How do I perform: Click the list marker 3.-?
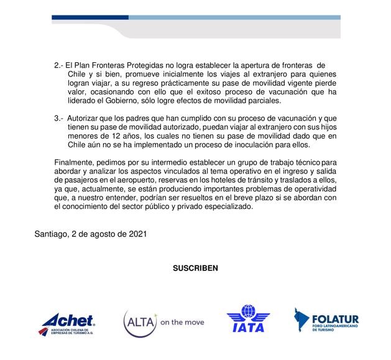(60, 118)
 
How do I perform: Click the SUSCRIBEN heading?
(195, 268)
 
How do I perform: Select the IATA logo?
(248, 320)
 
